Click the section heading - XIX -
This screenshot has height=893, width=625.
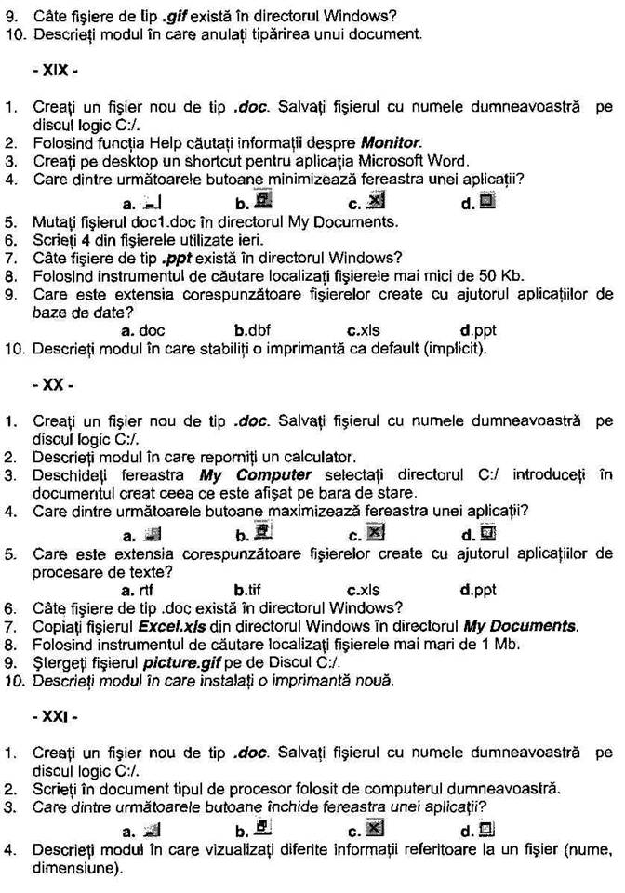[52, 70]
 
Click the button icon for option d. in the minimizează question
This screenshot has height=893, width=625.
[487, 200]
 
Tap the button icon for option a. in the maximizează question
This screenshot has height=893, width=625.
[153, 534]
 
